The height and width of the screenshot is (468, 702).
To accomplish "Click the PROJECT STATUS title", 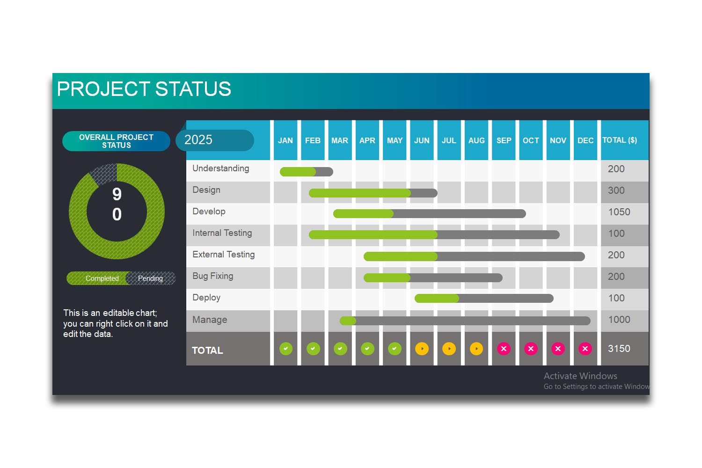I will [144, 89].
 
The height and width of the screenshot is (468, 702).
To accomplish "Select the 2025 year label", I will [198, 140].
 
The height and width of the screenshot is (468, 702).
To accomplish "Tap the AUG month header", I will [476, 140].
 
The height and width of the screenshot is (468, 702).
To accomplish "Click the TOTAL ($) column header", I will [620, 140].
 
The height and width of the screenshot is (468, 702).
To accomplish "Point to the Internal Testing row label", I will [222, 233].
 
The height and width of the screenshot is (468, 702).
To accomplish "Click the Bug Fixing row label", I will [213, 276].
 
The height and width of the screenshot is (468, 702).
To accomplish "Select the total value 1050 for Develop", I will [619, 212].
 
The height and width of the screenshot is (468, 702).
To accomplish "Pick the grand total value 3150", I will [619, 349].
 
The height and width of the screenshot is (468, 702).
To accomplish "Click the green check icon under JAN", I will [286, 349].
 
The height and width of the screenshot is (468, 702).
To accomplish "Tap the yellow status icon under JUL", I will [449, 349].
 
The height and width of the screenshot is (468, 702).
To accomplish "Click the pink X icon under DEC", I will [585, 349].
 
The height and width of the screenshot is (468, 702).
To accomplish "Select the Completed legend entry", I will [102, 278].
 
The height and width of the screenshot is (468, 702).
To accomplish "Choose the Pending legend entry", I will [150, 278].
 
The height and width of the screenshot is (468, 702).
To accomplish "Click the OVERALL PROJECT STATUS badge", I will [116, 141].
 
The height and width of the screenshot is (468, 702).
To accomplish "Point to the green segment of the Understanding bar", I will [298, 172].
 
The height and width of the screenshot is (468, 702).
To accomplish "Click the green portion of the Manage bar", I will [348, 321].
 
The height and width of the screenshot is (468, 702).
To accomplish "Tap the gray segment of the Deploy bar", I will [505, 299].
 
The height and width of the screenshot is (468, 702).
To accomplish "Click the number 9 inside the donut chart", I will [117, 194].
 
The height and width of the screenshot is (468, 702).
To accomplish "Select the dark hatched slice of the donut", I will [104, 174].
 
